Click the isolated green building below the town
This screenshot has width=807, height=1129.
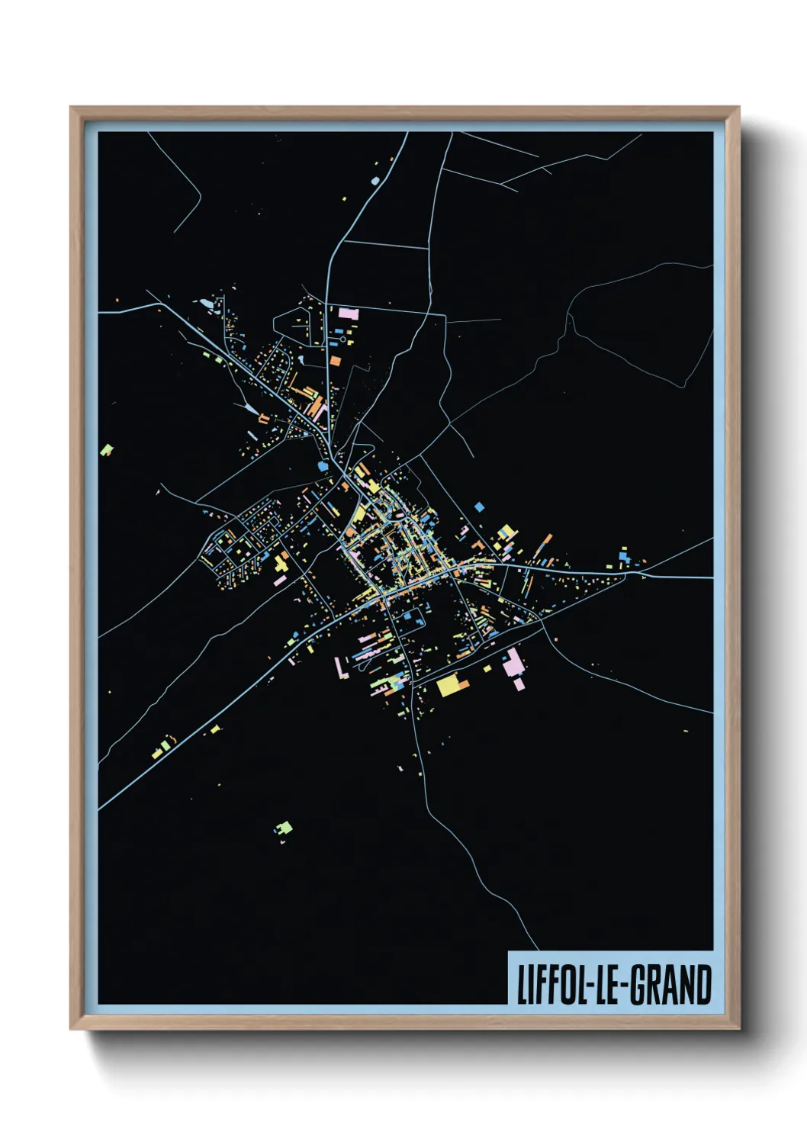285,827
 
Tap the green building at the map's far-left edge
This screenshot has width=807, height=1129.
107,450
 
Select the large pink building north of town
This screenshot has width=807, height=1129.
349,314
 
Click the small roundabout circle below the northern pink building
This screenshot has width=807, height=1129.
342,340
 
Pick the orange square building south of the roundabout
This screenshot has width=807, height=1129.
335,360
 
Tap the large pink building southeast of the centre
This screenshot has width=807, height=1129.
513,663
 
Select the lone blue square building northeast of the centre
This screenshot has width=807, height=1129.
479,506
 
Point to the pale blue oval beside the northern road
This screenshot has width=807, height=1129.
375,181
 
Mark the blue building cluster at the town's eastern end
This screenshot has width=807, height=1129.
624,557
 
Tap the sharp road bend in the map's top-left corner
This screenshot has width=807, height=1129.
200,196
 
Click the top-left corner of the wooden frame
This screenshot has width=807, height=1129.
71,108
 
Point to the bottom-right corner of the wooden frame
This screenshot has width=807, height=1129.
739,1029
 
